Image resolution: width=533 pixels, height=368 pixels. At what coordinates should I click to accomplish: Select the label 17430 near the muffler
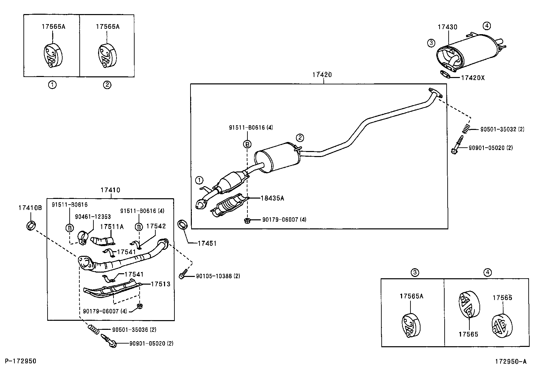click(x=448, y=27)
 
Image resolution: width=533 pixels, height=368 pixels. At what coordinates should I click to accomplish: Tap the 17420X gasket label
click(x=473, y=78)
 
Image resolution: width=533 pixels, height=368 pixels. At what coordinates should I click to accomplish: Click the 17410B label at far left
click(x=30, y=208)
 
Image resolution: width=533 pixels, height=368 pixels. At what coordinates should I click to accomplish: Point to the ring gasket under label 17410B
click(x=31, y=226)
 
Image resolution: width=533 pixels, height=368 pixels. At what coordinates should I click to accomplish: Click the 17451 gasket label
click(x=207, y=243)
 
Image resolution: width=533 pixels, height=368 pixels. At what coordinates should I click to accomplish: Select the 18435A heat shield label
click(x=273, y=198)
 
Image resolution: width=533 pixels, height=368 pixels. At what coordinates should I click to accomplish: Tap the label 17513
click(x=160, y=284)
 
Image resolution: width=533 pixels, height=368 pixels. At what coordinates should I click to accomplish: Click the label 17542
click(x=156, y=226)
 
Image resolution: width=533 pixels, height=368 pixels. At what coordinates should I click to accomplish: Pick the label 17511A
click(x=112, y=227)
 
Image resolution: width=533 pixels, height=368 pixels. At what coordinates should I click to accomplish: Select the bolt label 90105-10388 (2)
click(x=218, y=276)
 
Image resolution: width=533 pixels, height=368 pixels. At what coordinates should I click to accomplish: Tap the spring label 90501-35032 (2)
click(x=502, y=129)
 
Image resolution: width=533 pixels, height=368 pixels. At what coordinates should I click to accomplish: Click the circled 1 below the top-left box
click(x=52, y=85)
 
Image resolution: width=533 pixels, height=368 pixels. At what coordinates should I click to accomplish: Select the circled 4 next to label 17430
click(x=487, y=25)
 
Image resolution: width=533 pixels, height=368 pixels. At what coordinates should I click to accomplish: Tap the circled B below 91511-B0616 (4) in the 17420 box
click(x=247, y=144)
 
